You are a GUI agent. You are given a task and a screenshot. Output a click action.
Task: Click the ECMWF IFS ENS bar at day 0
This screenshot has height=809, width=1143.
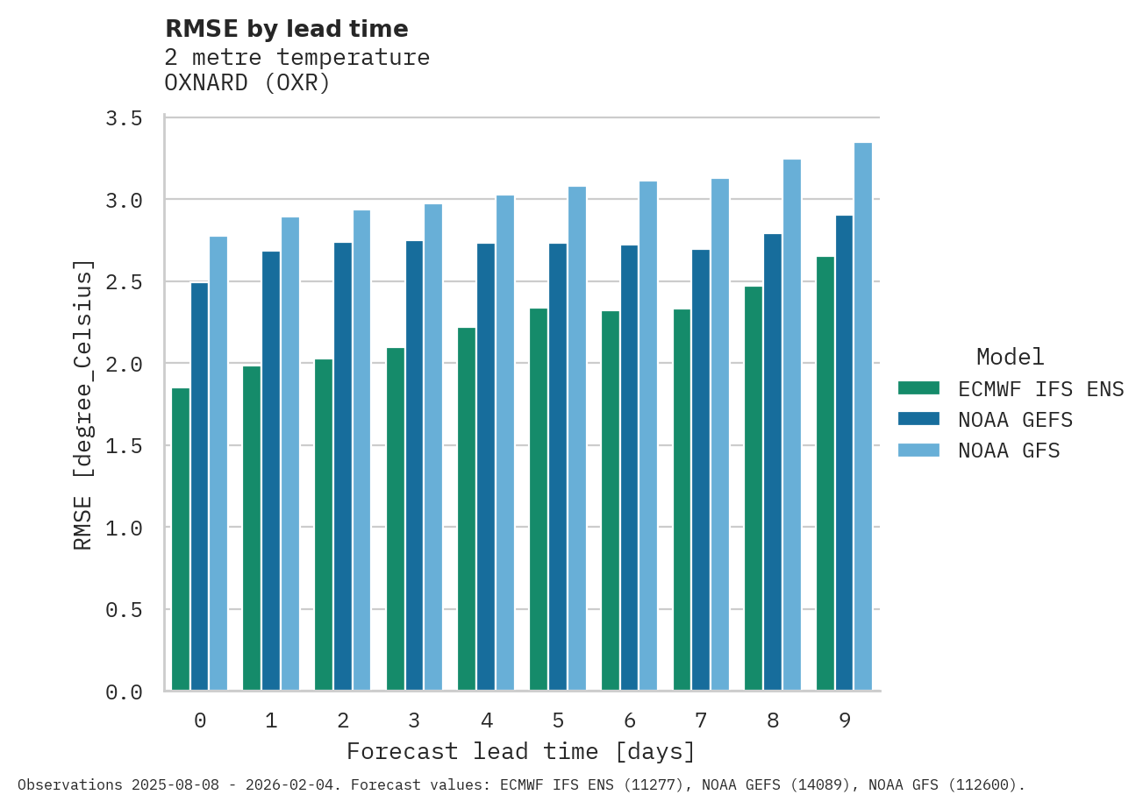181,539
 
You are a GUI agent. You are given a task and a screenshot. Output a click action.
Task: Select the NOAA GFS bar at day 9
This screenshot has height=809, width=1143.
863,416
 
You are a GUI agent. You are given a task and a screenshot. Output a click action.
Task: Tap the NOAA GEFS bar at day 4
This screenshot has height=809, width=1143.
486,466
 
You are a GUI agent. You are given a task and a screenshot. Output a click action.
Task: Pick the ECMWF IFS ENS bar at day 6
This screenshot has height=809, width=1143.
611,500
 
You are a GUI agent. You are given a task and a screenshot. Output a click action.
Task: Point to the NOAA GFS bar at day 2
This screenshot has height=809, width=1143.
361,450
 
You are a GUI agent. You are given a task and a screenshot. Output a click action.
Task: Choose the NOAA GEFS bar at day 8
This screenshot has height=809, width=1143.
772,462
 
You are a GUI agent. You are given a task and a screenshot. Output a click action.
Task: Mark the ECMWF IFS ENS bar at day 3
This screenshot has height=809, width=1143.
396,519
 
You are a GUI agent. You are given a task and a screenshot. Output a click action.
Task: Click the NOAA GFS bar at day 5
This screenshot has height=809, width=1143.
576,438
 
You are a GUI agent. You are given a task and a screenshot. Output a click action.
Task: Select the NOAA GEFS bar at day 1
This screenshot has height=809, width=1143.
271,471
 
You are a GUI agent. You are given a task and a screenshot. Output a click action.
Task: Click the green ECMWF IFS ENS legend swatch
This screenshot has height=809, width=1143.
918,387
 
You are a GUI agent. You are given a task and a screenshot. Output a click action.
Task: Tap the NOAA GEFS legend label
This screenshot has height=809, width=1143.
1015,420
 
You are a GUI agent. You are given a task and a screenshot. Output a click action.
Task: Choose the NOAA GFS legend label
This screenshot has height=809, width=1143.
1009,451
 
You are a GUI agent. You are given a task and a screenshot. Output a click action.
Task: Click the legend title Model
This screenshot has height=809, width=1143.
1010,357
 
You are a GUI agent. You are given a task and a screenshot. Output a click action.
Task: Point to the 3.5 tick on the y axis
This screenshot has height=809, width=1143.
124,118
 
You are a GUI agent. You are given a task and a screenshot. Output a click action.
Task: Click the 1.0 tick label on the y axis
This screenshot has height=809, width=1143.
124,529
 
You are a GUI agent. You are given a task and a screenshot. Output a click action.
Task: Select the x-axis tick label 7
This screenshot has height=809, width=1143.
701,720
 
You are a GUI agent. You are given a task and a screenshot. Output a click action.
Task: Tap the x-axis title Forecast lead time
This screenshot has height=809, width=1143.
521,751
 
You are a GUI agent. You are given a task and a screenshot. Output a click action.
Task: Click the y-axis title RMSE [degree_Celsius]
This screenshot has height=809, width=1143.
82,404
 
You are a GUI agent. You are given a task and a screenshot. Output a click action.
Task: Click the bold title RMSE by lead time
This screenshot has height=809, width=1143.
287,29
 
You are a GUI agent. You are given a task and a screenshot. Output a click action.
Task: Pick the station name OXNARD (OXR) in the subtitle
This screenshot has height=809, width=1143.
247,83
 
